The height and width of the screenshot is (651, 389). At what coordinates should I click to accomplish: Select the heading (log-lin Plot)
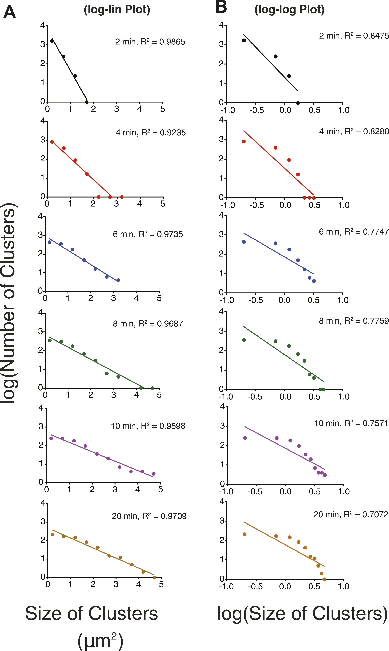117,10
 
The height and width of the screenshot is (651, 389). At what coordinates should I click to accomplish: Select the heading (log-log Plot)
289,10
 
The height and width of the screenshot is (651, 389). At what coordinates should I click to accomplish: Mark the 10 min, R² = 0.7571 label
351,423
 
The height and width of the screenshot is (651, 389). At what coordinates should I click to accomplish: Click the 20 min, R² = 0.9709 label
149,516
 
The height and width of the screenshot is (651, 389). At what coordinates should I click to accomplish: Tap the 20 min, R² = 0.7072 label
351,514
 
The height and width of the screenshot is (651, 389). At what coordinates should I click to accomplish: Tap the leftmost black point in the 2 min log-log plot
244,40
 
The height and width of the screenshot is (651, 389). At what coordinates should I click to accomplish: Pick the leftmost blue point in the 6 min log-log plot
244,242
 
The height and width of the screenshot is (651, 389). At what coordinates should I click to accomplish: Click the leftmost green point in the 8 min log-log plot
244,340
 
